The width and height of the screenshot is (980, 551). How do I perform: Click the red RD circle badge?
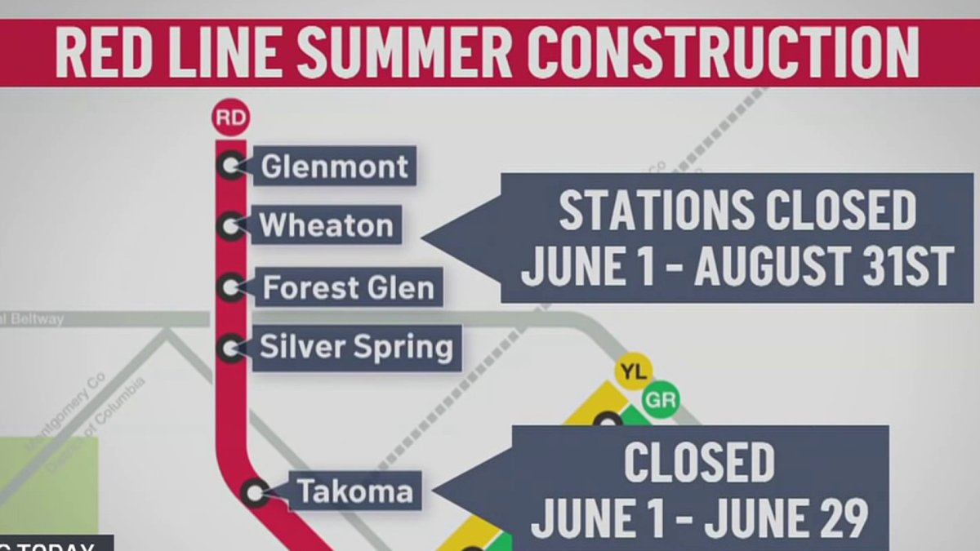pyautogui.click(x=229, y=118)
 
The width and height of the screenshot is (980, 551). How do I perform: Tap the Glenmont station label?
pyautogui.click(x=334, y=167)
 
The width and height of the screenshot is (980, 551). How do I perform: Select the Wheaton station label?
pyautogui.click(x=326, y=224)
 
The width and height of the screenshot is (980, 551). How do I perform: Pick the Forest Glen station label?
pyautogui.click(x=349, y=287)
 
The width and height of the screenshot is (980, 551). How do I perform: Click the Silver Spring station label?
pyautogui.click(x=356, y=348)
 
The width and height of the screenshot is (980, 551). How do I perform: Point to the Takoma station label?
pyautogui.click(x=354, y=491)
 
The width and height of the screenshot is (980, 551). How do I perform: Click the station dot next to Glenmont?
pyautogui.click(x=229, y=167)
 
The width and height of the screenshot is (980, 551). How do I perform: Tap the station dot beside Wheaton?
pyautogui.click(x=229, y=225)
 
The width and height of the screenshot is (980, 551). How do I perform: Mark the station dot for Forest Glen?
pyautogui.click(x=230, y=287)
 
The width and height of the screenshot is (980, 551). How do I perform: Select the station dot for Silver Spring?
pyautogui.click(x=230, y=349)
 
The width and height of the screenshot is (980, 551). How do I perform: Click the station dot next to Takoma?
pyautogui.click(x=256, y=491)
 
